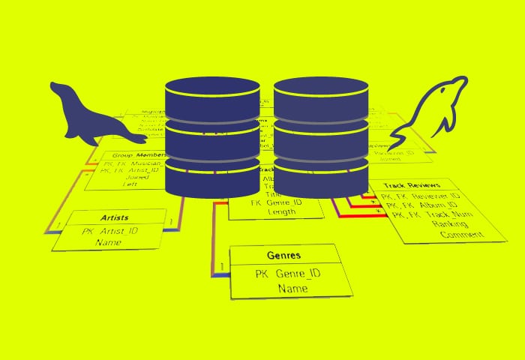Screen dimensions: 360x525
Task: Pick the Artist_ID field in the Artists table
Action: pyautogui.click(x=114, y=232)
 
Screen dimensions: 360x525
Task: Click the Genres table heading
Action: pyautogui.click(x=284, y=255)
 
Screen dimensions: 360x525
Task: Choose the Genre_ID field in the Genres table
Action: pyautogui.click(x=288, y=273)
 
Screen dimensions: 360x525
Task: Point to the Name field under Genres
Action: pyautogui.click(x=292, y=288)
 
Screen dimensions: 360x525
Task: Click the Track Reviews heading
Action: pyautogui.click(x=411, y=185)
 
